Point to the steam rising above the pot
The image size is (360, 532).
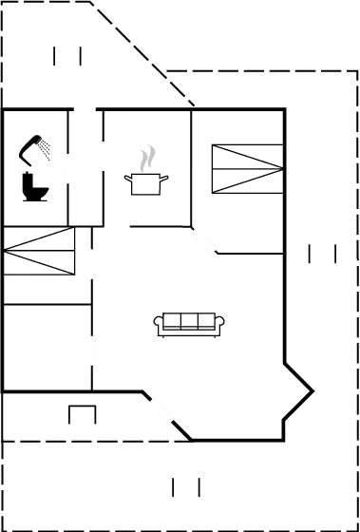(146, 158)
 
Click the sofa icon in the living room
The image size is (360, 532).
(191, 323)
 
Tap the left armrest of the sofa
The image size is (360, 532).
(159, 324)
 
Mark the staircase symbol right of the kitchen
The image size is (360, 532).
(247, 168)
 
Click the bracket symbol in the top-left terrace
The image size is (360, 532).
(66, 56)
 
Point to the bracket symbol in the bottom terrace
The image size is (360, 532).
(186, 487)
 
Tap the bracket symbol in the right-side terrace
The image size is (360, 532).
(322, 254)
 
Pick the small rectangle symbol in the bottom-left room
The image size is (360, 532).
(83, 415)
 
